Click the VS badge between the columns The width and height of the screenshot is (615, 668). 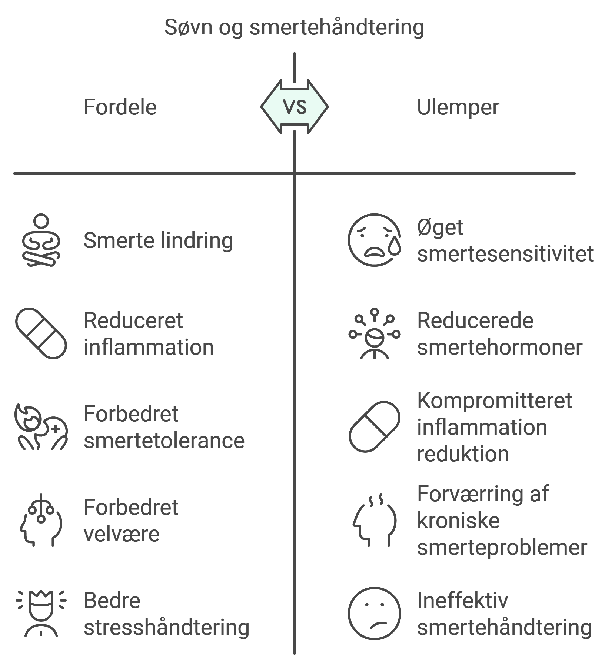(x=295, y=107)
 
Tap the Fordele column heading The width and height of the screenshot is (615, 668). (x=120, y=107)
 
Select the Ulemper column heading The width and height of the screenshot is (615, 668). (x=458, y=107)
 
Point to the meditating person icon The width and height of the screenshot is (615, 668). (x=41, y=240)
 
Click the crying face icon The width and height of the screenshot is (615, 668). (x=375, y=240)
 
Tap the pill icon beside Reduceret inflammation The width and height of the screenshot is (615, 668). (x=41, y=333)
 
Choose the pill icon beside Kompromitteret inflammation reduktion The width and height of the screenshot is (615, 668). (x=375, y=427)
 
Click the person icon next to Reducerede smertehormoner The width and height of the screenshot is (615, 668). (x=375, y=333)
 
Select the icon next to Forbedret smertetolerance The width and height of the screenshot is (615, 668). (x=41, y=427)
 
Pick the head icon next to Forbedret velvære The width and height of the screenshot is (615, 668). (x=41, y=520)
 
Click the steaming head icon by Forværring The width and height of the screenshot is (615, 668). (x=375, y=520)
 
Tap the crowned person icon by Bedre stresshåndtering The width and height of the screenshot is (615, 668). (x=41, y=614)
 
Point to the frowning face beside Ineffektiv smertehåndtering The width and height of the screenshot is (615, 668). (x=375, y=614)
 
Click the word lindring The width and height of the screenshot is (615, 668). (x=196, y=241)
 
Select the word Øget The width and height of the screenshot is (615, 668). (x=440, y=227)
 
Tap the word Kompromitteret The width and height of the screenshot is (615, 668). (x=494, y=401)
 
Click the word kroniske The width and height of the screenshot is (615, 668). (x=458, y=521)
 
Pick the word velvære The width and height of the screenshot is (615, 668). (x=122, y=534)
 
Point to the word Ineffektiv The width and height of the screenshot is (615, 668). (x=462, y=601)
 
